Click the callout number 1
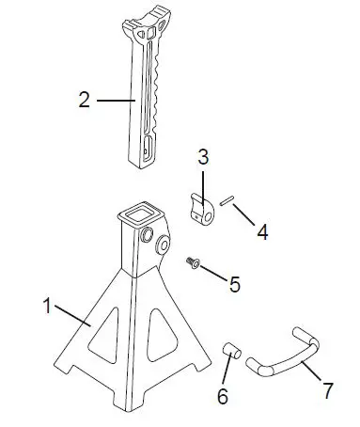[47, 305]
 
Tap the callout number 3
[201, 157]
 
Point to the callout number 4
[262, 229]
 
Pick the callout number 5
[236, 281]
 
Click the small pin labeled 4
[227, 199]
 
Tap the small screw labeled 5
[193, 261]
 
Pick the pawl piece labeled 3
[202, 210]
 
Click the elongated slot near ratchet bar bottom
[149, 147]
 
